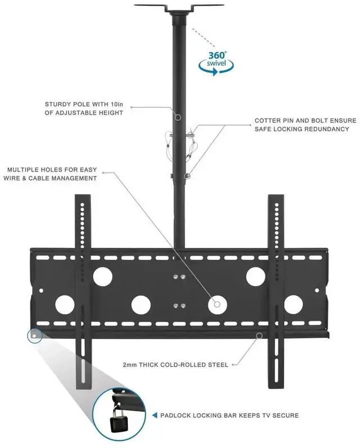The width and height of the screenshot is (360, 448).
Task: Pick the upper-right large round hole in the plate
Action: tap(255, 275)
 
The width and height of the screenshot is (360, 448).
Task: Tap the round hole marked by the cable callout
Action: tap(217, 304)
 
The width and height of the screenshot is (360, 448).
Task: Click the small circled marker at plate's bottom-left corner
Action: tap(34, 336)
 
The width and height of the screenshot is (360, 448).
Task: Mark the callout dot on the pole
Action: tap(177, 117)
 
